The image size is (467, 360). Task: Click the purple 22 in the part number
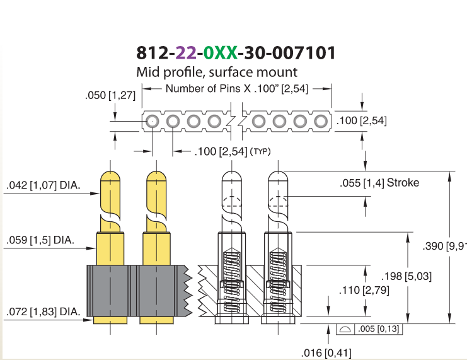click(186, 53)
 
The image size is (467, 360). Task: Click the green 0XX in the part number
click(221, 53)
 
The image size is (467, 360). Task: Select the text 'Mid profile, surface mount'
click(217, 72)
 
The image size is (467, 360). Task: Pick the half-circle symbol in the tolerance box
click(345, 329)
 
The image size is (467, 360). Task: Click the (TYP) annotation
click(260, 152)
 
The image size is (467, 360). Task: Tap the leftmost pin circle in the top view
click(152, 121)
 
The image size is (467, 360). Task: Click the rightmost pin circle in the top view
click(321, 121)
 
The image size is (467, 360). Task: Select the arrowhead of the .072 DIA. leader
click(88, 320)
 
